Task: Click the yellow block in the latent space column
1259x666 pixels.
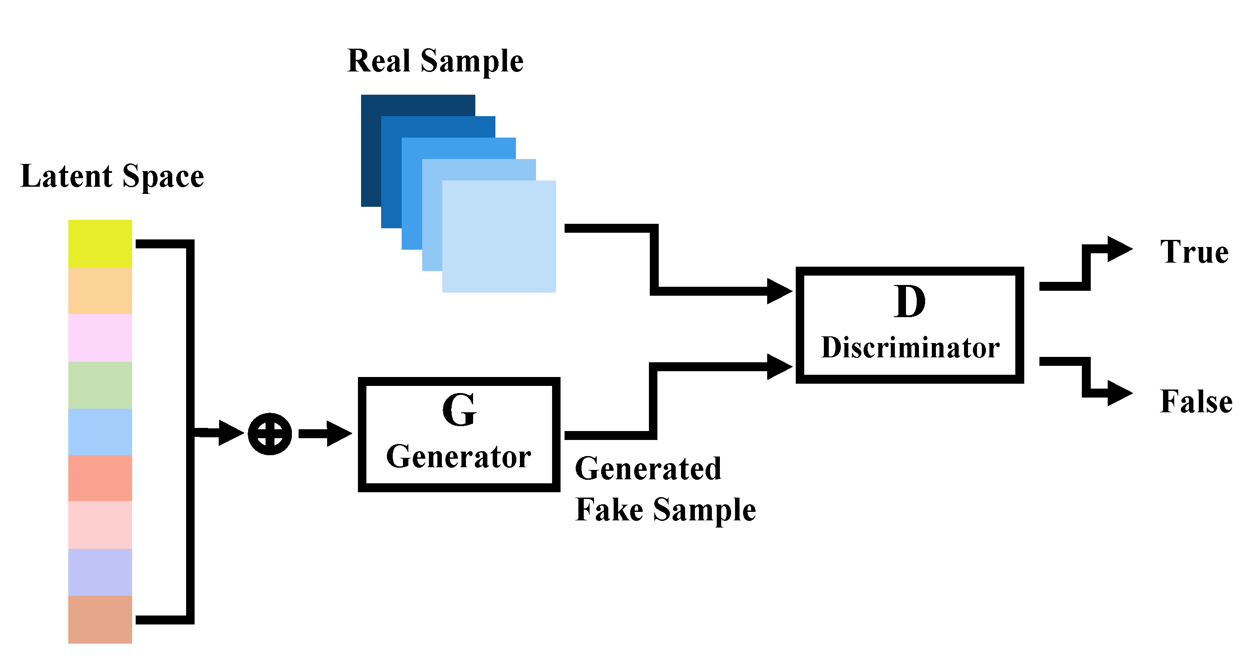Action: pyautogui.click(x=100, y=243)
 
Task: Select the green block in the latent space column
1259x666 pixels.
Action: pyautogui.click(x=100, y=385)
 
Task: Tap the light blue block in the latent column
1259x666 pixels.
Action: pyautogui.click(x=100, y=432)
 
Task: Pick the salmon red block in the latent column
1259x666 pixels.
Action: pyautogui.click(x=100, y=478)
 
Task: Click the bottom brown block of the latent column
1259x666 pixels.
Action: pyautogui.click(x=100, y=619)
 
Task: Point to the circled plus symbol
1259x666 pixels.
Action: pyautogui.click(x=270, y=434)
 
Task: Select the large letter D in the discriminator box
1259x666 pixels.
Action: pyautogui.click(x=910, y=302)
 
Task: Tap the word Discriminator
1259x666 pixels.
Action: pyautogui.click(x=910, y=348)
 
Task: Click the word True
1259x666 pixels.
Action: pyautogui.click(x=1194, y=252)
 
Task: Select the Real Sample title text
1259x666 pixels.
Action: pyautogui.click(x=435, y=61)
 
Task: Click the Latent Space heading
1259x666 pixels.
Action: pyautogui.click(x=112, y=176)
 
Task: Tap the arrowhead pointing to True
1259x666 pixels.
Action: pyautogui.click(x=1119, y=249)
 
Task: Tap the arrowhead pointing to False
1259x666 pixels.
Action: pyautogui.click(x=1119, y=393)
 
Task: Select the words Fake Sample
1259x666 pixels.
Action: pyautogui.click(x=665, y=510)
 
